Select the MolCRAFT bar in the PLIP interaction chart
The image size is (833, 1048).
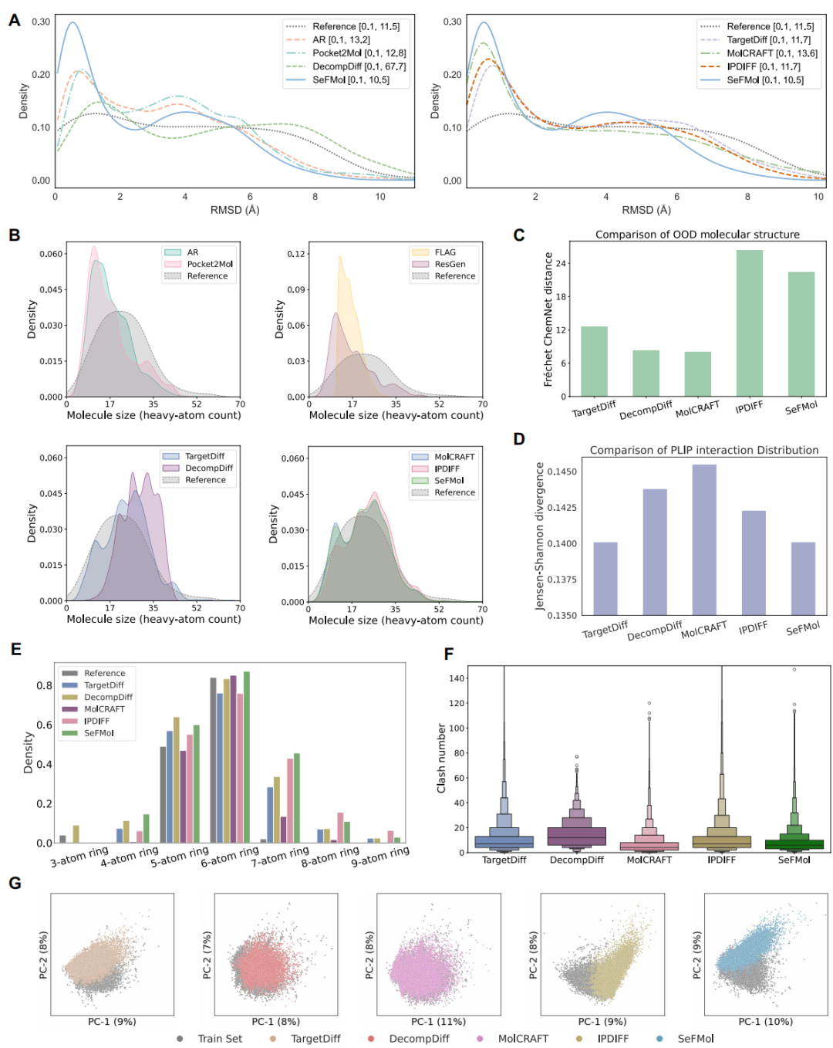[x=703, y=539]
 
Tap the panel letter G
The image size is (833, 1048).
[x=15, y=883]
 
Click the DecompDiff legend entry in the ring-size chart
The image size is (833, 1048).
[x=108, y=697]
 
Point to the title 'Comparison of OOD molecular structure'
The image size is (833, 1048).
[x=697, y=235]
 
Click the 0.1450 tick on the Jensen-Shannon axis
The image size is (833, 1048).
[x=561, y=472]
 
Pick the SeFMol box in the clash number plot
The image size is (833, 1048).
[x=794, y=844]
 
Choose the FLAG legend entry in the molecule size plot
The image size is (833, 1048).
[x=445, y=252]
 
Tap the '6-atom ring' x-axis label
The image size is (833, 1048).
[x=230, y=857]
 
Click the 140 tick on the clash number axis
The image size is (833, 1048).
[x=457, y=678]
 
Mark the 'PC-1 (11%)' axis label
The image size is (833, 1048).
[x=438, y=1022]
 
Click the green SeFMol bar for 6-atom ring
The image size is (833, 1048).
[x=247, y=757]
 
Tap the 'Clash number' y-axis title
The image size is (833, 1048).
[x=442, y=758]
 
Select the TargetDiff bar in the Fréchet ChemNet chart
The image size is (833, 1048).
[x=594, y=361]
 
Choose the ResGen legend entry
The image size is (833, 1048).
[x=450, y=264]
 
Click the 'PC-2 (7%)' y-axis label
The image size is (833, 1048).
[x=207, y=955]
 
